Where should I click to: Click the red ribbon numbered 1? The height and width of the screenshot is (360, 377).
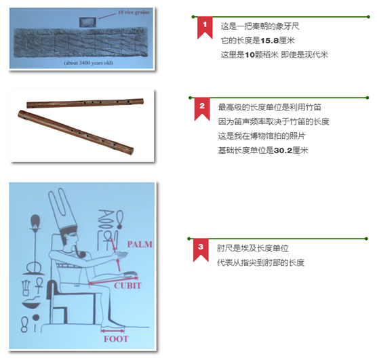(x=205, y=27)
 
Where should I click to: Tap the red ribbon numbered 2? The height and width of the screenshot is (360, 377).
(x=202, y=108)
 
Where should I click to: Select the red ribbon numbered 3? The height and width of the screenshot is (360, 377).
(x=201, y=249)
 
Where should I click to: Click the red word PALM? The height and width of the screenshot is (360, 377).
(x=140, y=244)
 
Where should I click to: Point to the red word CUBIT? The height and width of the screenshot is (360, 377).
(x=127, y=285)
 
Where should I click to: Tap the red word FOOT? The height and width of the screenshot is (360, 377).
(x=116, y=339)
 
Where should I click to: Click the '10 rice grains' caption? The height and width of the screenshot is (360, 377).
(x=134, y=12)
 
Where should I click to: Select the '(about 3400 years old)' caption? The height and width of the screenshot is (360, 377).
(x=88, y=63)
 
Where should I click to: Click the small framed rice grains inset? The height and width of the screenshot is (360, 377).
(x=87, y=22)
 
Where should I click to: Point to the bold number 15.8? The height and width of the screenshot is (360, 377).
(x=269, y=41)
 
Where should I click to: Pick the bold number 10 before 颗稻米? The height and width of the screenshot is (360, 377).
(x=250, y=55)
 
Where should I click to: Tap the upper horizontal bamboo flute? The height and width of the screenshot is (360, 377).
(x=85, y=103)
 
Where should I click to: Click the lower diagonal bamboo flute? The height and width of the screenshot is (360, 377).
(x=76, y=132)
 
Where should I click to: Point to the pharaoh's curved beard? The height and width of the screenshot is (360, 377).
(x=79, y=252)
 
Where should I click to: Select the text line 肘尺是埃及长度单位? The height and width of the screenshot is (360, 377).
(x=253, y=248)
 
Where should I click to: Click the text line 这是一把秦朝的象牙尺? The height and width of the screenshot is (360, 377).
(x=260, y=26)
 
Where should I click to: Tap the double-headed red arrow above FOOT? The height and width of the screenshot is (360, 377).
(x=113, y=331)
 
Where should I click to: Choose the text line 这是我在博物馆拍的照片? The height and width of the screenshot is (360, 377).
(x=262, y=136)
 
